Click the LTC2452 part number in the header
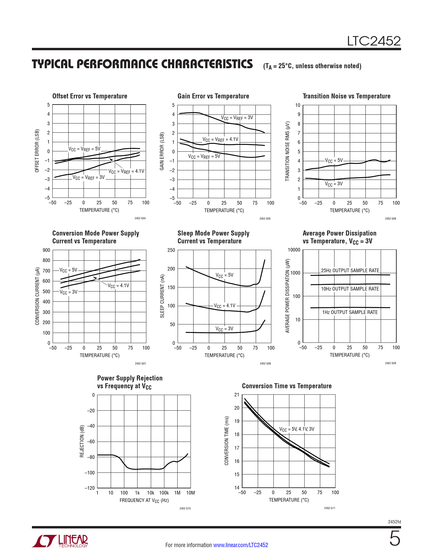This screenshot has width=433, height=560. coord(374,41)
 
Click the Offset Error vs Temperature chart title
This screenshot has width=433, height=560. coord(90,96)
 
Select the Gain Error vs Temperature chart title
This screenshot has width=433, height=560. coord(213,96)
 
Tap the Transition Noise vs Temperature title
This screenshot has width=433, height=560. coord(346,96)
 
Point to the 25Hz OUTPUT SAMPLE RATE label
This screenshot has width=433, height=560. coord(350,270)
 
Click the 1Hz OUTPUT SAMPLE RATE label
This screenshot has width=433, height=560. coord(350,312)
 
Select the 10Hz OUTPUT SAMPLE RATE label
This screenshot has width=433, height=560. coord(350,289)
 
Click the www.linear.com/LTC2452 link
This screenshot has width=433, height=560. coord(240,545)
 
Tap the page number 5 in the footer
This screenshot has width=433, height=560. coord(395,539)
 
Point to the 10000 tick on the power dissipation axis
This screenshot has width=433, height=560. coord(294,250)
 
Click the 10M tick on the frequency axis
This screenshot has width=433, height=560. coord(191,493)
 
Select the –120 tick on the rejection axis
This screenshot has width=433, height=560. coord(90,488)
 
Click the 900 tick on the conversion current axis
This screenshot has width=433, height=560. coord(47,250)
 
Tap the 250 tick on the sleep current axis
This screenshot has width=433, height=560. coord(171,250)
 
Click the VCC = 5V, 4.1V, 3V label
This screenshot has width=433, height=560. coord(296,429)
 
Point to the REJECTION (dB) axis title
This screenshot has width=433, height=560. coord(82,441)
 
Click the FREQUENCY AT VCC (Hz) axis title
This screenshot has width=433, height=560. coord(144,501)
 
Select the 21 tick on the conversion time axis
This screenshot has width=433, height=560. coord(237,395)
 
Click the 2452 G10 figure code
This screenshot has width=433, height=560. coord(185,508)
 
